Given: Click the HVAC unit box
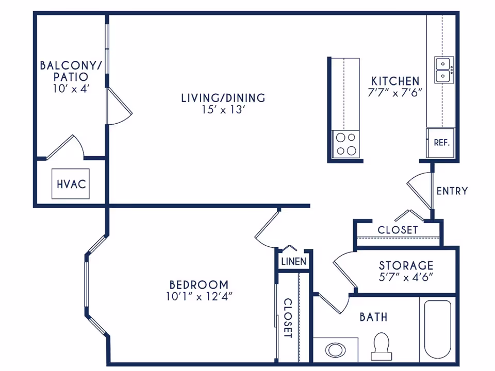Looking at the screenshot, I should pyautogui.click(x=71, y=184).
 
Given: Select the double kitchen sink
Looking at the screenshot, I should pyautogui.click(x=443, y=70).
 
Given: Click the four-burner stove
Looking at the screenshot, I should pyautogui.click(x=345, y=144).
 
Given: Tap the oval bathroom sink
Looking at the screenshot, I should pyautogui.click(x=336, y=350).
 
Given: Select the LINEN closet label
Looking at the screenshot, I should pyautogui.click(x=294, y=261).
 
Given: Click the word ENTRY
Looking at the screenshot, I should pyautogui.click(x=452, y=191).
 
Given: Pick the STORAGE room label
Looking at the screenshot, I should pyautogui.click(x=406, y=265).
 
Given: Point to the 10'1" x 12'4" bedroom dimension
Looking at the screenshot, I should pyautogui.click(x=199, y=296).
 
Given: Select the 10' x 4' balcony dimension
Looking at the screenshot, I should pyautogui.click(x=71, y=88).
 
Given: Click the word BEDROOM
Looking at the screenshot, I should pyautogui.click(x=199, y=284).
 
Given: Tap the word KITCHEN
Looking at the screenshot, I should pyautogui.click(x=396, y=81).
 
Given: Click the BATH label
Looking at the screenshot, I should pyautogui.click(x=373, y=316).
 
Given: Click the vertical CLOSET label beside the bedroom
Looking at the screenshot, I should pyautogui.click(x=288, y=318).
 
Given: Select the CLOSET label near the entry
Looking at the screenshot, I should pyautogui.click(x=398, y=230).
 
